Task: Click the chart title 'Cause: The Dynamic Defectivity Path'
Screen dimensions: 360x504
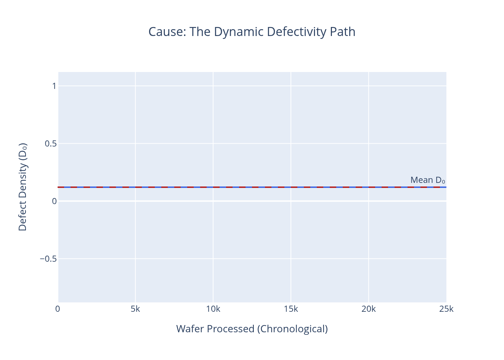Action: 252,32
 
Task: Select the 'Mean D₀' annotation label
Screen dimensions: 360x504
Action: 427,180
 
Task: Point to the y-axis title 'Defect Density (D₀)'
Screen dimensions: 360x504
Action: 23,187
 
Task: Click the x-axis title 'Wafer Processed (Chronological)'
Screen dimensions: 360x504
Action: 252,329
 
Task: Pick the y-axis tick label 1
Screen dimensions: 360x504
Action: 54,86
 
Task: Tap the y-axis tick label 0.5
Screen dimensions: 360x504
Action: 51,144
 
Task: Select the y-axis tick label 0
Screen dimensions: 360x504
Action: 54,201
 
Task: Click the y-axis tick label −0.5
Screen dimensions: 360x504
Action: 48,259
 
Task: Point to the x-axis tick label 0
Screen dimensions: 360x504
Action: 58,309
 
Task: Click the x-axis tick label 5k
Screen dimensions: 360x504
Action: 135,309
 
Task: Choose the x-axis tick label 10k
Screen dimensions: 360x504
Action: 213,309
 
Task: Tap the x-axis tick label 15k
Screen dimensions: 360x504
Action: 291,309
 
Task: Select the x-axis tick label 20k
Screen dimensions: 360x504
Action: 369,309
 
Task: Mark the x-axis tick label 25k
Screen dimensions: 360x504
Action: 446,309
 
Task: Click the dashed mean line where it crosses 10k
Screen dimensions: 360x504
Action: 213,187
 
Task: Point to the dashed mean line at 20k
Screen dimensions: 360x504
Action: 369,187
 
